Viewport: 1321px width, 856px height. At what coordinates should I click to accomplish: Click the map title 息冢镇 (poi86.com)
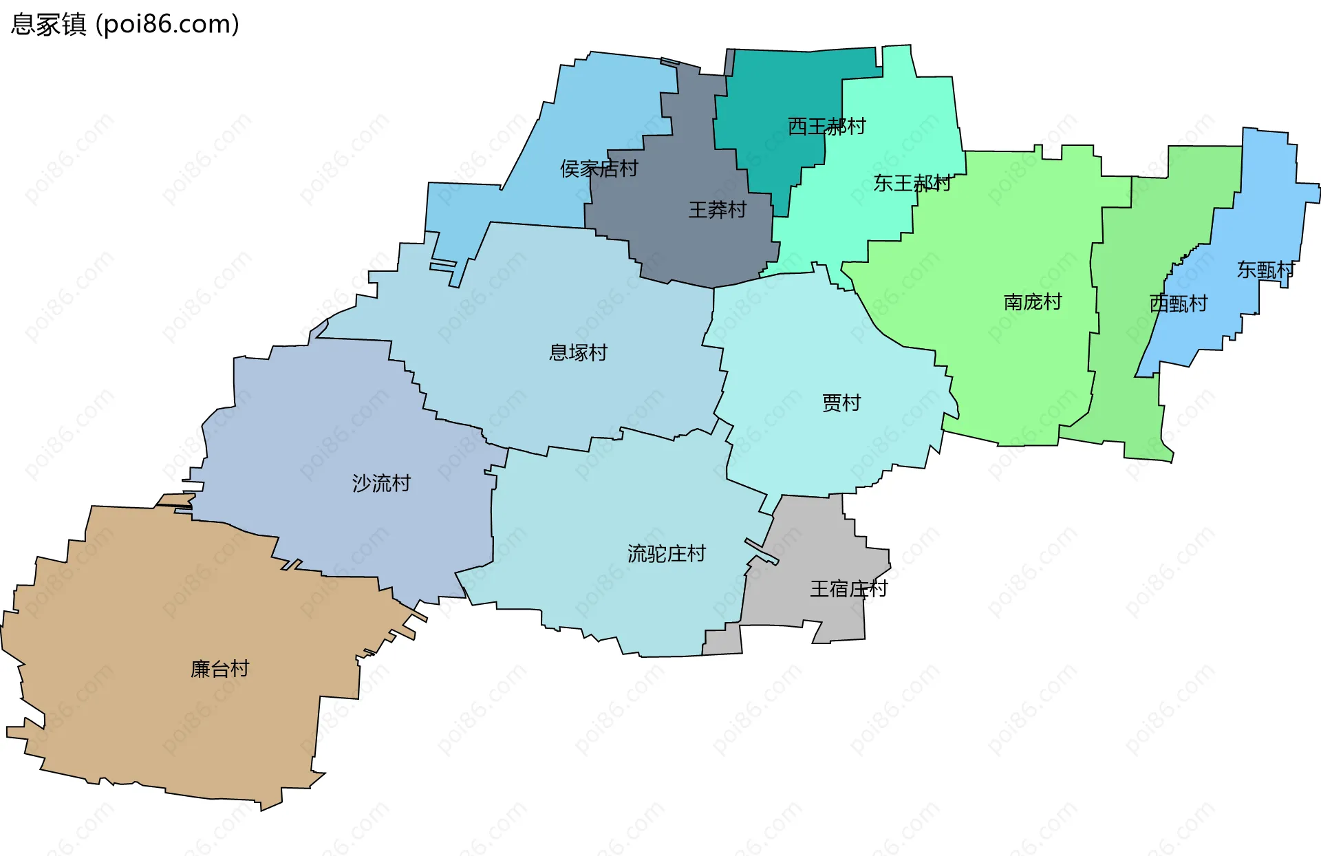pyautogui.click(x=125, y=24)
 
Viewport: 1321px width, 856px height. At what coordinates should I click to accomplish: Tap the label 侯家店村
pyautogui.click(x=599, y=169)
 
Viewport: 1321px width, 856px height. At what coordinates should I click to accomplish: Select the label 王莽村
pyautogui.click(x=718, y=210)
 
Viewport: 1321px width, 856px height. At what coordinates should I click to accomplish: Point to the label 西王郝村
pyautogui.click(x=826, y=127)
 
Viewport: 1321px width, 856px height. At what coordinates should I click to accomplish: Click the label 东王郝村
pyautogui.click(x=912, y=183)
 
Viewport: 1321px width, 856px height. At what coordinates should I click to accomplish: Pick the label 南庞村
pyautogui.click(x=1032, y=302)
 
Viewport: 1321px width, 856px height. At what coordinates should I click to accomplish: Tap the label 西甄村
pyautogui.click(x=1178, y=303)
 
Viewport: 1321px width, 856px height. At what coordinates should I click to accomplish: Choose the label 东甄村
pyautogui.click(x=1265, y=270)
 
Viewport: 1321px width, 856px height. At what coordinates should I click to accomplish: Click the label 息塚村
pyautogui.click(x=578, y=353)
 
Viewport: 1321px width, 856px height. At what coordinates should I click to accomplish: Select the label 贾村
pyautogui.click(x=841, y=403)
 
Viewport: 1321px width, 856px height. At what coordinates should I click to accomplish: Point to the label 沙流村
pyautogui.click(x=381, y=484)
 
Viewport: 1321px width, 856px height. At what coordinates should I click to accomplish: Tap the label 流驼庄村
pyautogui.click(x=666, y=554)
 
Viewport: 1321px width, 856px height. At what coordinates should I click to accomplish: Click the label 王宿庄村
pyautogui.click(x=848, y=589)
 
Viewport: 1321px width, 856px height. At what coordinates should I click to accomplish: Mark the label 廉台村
pyautogui.click(x=219, y=669)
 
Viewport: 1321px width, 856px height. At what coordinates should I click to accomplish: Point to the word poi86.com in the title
pyautogui.click(x=168, y=24)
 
